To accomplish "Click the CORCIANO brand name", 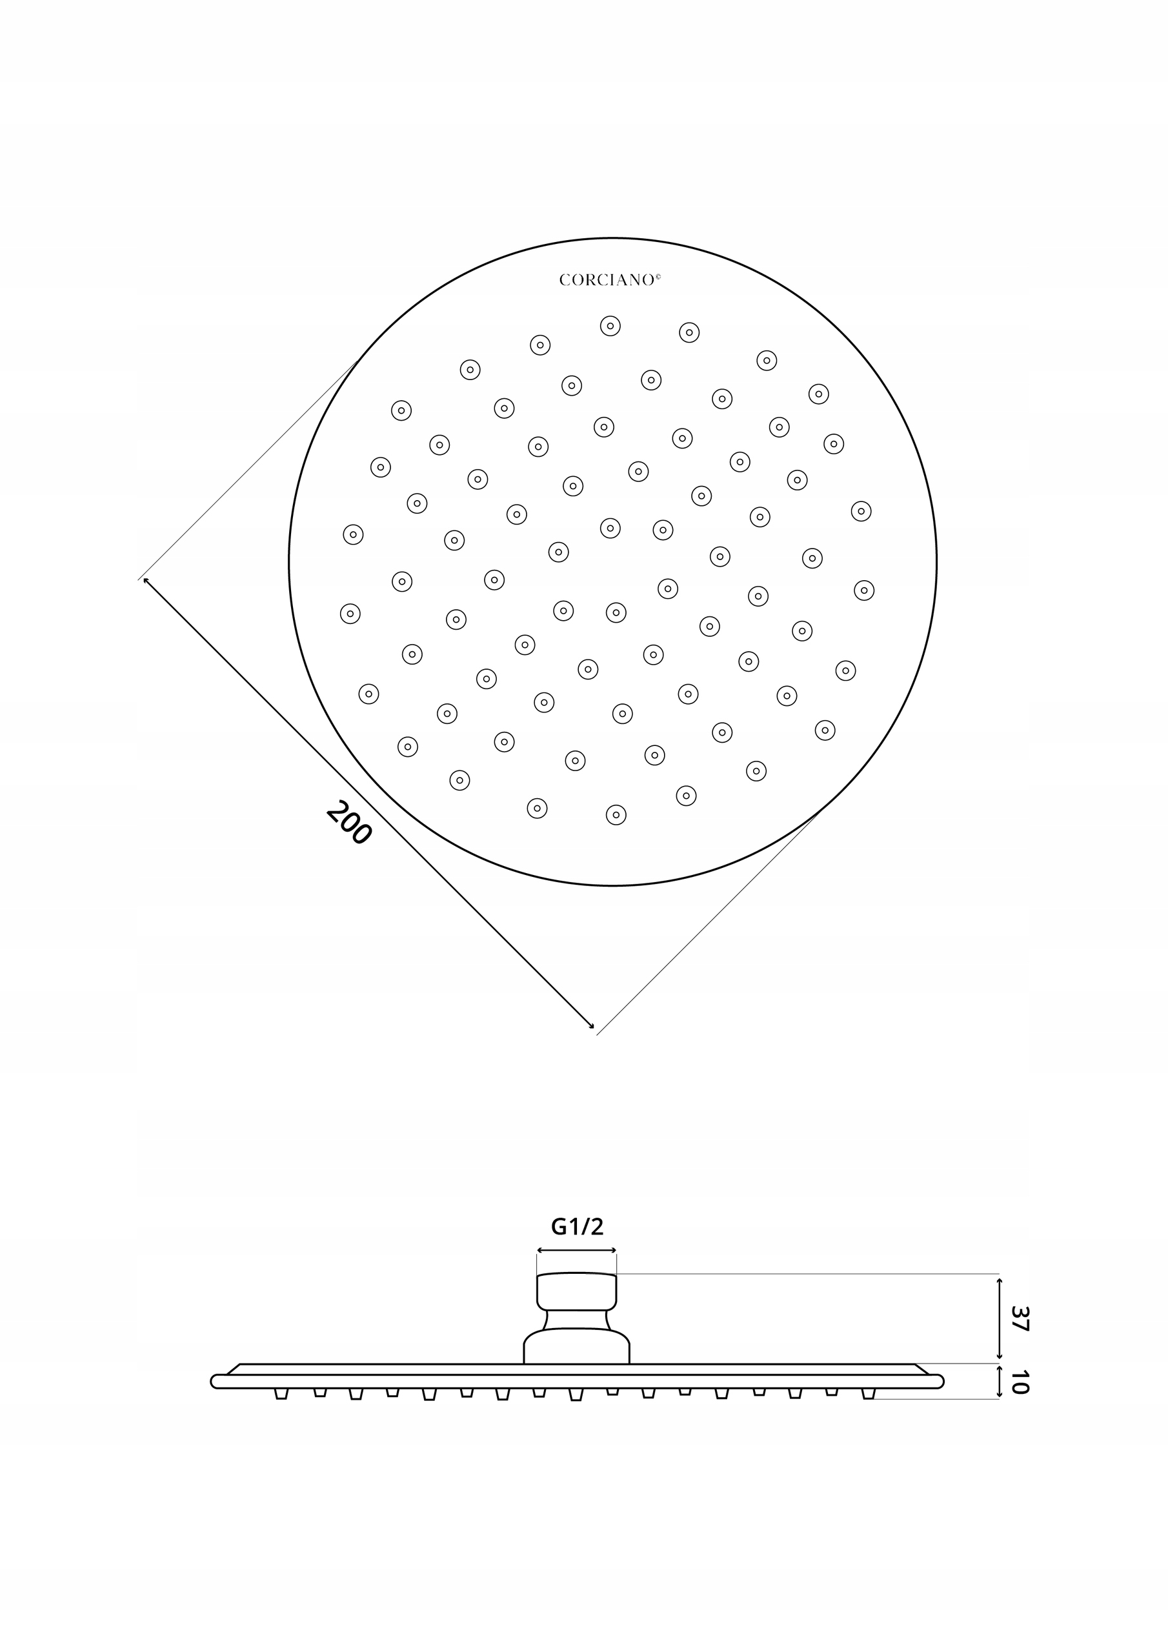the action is point(607,280).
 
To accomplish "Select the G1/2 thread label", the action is point(576,1225).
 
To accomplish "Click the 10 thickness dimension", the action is point(1018,1382).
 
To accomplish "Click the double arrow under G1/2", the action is point(576,1251).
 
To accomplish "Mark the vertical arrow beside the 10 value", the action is point(999,1382).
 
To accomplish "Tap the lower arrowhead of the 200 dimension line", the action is point(591,1027).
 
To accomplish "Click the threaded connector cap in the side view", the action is point(576,1291).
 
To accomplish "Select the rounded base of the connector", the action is point(576,1347).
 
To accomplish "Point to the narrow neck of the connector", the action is point(576,1320).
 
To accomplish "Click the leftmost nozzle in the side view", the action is point(281,1394).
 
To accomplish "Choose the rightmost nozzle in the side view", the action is point(869,1394).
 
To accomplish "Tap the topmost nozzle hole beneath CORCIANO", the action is point(610,326).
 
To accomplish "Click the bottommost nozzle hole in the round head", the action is point(616,814).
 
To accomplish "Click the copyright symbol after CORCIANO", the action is point(657,276).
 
